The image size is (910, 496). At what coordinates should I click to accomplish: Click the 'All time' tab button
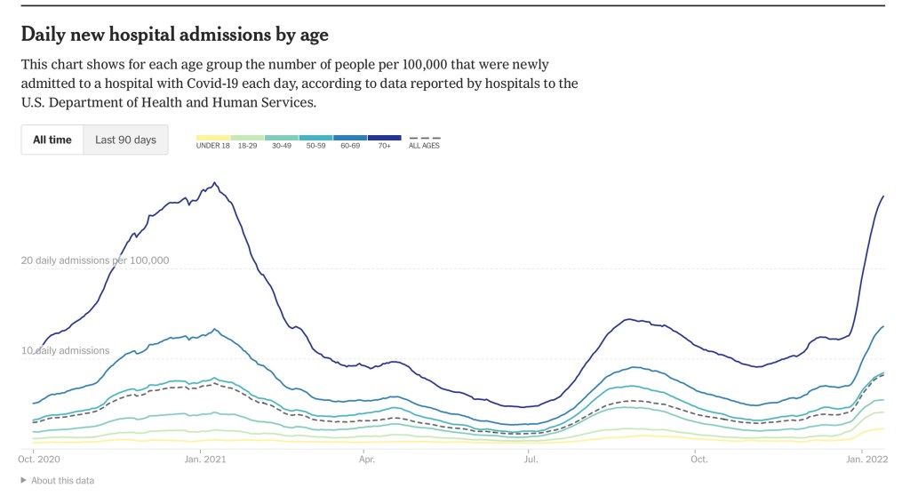click(x=52, y=140)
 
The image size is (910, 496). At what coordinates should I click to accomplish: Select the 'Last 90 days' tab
click(x=125, y=140)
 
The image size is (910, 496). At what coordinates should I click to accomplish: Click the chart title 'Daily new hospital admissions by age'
click(x=174, y=35)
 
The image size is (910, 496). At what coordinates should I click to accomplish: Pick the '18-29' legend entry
click(x=247, y=145)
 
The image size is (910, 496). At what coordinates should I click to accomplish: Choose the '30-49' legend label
click(x=282, y=145)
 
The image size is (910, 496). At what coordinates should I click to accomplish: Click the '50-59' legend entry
click(x=315, y=145)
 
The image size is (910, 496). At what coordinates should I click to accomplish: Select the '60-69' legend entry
click(x=350, y=145)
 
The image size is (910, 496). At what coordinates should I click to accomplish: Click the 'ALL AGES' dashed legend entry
click(x=424, y=145)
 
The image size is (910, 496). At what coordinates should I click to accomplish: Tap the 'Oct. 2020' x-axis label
click(x=38, y=460)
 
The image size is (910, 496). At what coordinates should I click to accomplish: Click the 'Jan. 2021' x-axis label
click(x=204, y=460)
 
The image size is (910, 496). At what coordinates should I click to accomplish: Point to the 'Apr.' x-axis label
click(x=366, y=460)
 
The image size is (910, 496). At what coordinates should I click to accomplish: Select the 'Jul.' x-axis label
click(x=530, y=460)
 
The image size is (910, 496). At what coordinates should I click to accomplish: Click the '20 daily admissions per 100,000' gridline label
click(x=95, y=260)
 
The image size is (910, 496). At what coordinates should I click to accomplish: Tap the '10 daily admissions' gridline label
click(x=66, y=350)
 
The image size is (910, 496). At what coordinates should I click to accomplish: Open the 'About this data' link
click(x=61, y=480)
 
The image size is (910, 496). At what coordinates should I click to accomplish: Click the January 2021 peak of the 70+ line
click(x=214, y=183)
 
